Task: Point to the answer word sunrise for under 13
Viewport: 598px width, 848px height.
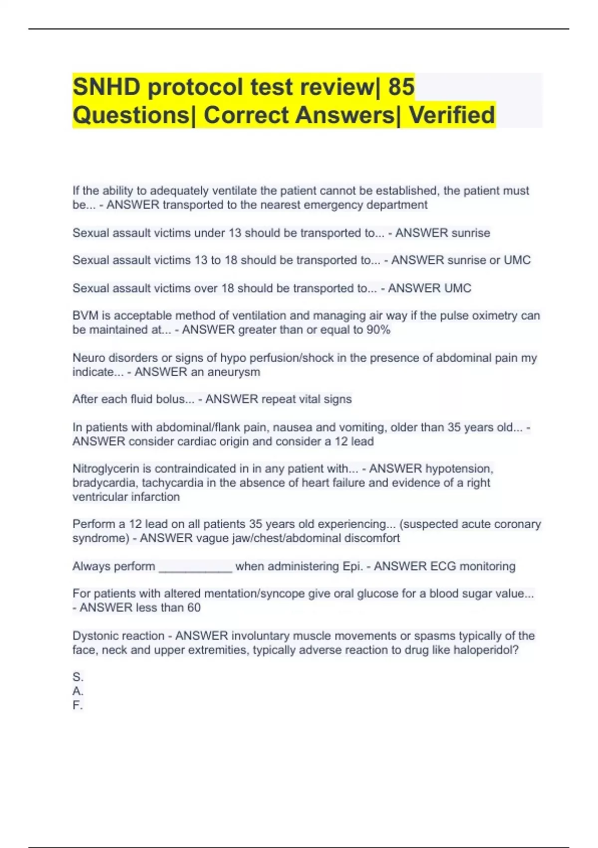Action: (x=468, y=233)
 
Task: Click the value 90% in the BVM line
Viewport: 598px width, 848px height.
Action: (x=378, y=330)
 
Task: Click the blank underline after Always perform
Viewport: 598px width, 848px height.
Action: (x=195, y=569)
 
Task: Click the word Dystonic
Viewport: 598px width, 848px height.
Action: (x=94, y=636)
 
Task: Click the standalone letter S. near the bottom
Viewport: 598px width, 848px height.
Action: (x=78, y=677)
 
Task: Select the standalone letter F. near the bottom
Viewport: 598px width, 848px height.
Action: (x=78, y=705)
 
